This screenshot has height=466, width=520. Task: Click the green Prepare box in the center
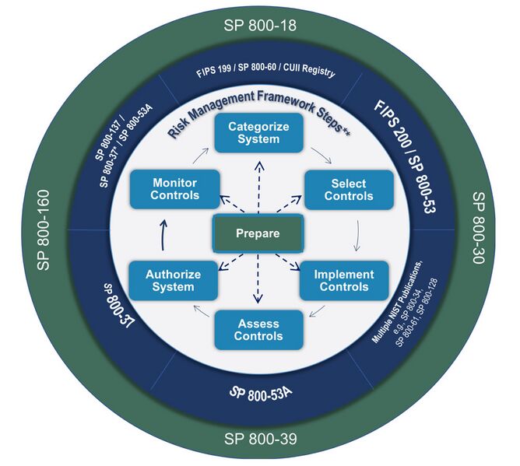258,233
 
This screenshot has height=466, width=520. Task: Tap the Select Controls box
342,189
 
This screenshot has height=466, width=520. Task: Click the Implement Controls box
343,281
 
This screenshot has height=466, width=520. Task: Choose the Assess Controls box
257,329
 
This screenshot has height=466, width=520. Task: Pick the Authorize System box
173,281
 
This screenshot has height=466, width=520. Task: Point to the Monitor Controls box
174,189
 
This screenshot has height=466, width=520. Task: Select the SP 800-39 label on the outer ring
259,439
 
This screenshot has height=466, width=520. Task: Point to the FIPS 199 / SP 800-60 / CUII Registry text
265,72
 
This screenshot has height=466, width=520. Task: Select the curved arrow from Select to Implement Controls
357,235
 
